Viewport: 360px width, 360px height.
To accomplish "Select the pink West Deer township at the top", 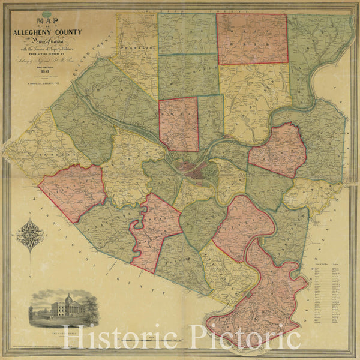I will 252,39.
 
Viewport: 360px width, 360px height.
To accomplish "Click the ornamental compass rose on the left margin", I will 30,235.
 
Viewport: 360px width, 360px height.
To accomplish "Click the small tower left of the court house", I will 31,311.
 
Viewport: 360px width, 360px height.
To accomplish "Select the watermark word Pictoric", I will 246,339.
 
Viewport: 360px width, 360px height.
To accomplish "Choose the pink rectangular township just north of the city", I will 179,124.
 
